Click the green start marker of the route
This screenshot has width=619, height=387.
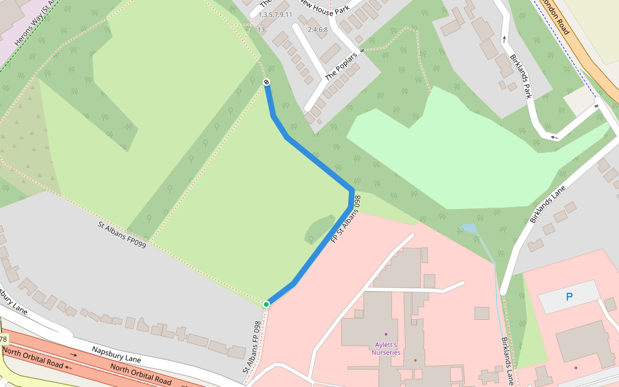pos(266,304)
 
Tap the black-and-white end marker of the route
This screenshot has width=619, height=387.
pos(266,82)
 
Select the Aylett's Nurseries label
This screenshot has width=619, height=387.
pos(386,349)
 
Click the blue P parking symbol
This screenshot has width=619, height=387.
pos(569,297)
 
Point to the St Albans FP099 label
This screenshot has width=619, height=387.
pos(121,234)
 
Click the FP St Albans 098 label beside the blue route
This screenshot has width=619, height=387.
pos(345,219)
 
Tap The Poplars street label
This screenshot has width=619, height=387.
pos(339,66)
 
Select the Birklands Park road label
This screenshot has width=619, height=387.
pos(520,76)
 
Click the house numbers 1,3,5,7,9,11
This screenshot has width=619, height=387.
pos(275,14)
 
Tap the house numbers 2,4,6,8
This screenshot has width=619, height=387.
pos(317,30)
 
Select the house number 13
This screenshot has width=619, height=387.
pos(261,30)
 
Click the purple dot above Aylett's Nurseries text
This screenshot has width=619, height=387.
pos(386,334)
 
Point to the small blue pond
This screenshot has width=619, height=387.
pos(469,229)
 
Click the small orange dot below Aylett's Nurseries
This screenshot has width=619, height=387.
pos(415,360)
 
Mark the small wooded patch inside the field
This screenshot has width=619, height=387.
pos(318,230)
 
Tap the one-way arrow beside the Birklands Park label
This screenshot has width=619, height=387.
pos(504,39)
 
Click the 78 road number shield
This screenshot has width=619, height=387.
pos(3,339)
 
